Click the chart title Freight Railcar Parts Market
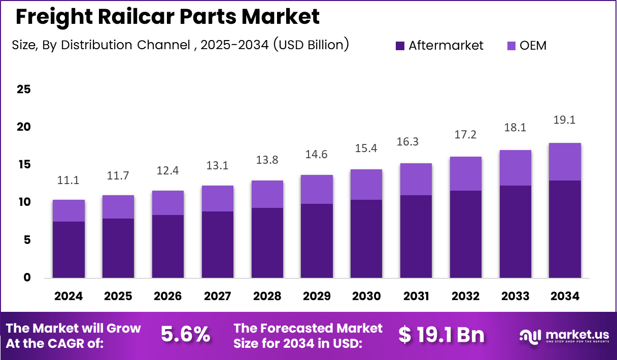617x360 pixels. pos(167,17)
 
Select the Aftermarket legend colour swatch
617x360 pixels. pos(400,46)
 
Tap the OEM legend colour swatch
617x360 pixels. pos(511,46)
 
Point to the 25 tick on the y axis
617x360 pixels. pos(23,89)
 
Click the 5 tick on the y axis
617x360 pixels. pos(26,240)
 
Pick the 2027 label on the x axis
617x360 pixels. pos(217,296)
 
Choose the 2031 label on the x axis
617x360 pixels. pos(416,296)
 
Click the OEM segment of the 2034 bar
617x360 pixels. pos(565,162)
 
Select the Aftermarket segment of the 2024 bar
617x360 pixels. pos(68,249)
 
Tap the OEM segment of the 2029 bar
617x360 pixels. pos(317,189)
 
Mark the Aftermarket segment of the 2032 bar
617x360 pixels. pos(465,234)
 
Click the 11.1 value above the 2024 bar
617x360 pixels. pos(68,180)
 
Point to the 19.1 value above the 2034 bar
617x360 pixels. pos(565,120)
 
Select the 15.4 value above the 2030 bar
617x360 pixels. pos(366,149)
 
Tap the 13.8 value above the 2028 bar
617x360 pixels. pos(267,160)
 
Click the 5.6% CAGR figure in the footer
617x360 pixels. pos(185,335)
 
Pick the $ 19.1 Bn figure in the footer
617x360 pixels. pos(441,335)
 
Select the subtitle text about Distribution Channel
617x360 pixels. pos(180,45)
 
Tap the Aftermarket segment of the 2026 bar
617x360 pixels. pos(167,246)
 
